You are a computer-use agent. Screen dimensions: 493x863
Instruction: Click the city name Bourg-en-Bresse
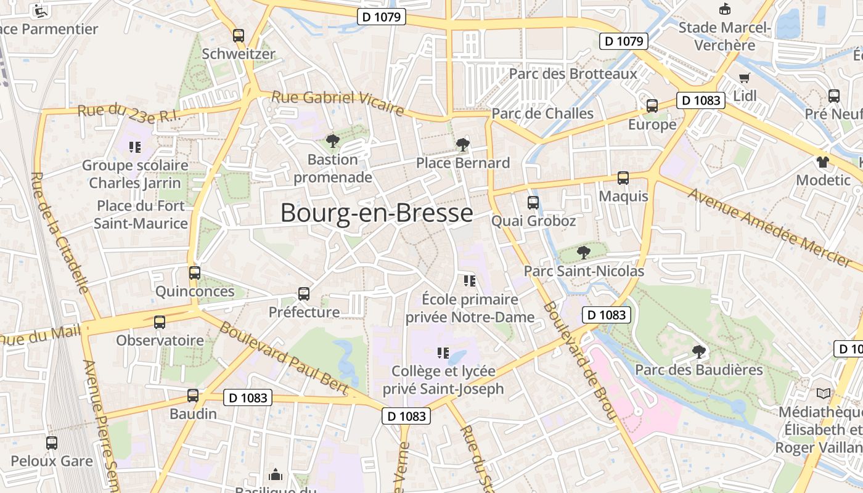click(377, 213)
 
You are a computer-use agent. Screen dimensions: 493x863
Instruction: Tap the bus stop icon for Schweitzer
click(239, 36)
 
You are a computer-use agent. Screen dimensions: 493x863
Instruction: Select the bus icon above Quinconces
click(195, 272)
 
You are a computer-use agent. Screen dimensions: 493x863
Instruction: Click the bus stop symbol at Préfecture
click(304, 293)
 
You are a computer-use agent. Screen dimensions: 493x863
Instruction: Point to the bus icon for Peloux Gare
click(52, 442)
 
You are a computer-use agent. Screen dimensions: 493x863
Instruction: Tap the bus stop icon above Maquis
click(623, 178)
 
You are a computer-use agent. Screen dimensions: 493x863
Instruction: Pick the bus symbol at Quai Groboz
click(533, 202)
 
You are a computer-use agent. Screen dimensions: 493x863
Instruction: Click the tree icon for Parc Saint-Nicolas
click(583, 252)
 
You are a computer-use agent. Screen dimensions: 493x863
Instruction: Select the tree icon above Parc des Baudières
click(698, 352)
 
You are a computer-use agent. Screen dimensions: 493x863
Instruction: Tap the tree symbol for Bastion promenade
click(333, 141)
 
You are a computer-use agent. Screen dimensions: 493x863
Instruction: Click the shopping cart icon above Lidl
click(745, 78)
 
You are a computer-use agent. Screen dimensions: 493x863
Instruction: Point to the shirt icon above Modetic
click(823, 162)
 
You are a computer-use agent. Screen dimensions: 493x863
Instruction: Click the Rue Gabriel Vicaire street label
click(338, 103)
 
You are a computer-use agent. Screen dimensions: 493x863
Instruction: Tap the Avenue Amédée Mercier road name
click(770, 227)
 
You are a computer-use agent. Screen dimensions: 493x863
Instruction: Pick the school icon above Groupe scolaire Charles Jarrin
click(135, 147)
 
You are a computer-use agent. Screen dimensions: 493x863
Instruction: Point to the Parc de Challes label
click(542, 113)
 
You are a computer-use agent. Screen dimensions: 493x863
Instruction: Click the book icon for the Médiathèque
click(823, 393)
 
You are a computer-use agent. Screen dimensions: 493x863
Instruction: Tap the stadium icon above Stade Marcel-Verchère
click(725, 9)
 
